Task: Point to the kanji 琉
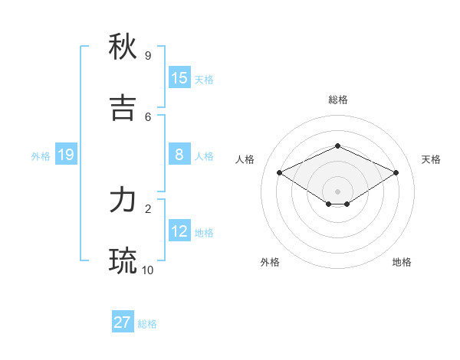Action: tap(123, 261)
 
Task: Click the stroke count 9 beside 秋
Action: tap(147, 56)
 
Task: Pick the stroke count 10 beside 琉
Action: tap(148, 270)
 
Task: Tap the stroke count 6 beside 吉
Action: tap(147, 116)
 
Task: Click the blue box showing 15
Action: tap(179, 78)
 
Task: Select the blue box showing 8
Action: tap(179, 155)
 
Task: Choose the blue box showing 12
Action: tap(179, 231)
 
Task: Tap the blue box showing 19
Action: tap(66, 155)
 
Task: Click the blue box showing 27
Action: tap(123, 322)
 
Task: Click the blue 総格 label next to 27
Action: tap(147, 324)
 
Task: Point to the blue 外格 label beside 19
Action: tap(41, 156)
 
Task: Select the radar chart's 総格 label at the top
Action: tap(337, 100)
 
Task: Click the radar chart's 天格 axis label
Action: tap(431, 159)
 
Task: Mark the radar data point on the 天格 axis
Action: tap(396, 172)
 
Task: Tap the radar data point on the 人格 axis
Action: tap(280, 172)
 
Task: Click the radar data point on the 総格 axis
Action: tap(337, 146)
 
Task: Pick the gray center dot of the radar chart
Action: tap(337, 191)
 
